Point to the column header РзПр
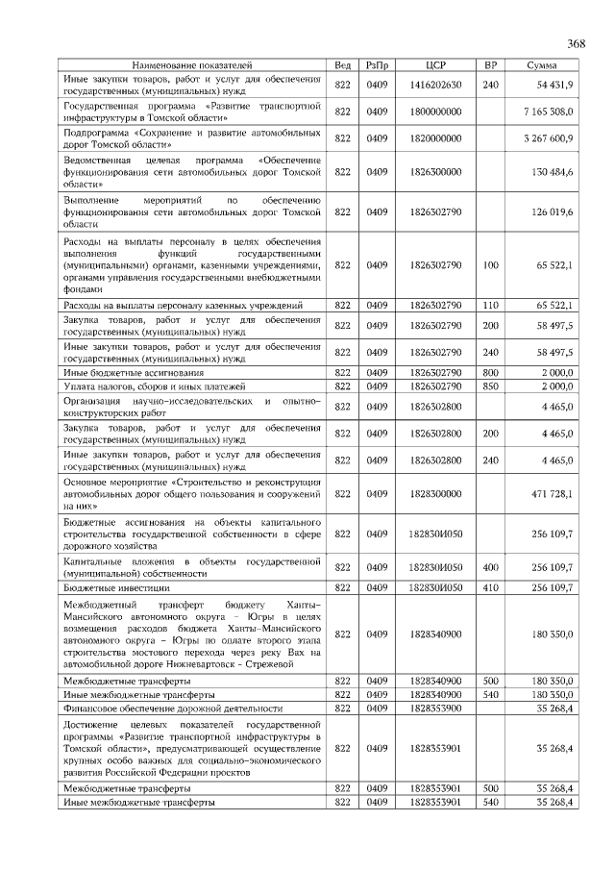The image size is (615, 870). [x=377, y=64]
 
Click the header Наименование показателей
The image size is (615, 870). [x=192, y=64]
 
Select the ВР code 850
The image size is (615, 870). [x=490, y=385]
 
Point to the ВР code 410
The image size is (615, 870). [x=490, y=586]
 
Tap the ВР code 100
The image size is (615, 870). [x=490, y=263]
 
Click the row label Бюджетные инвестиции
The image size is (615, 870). [x=116, y=586]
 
